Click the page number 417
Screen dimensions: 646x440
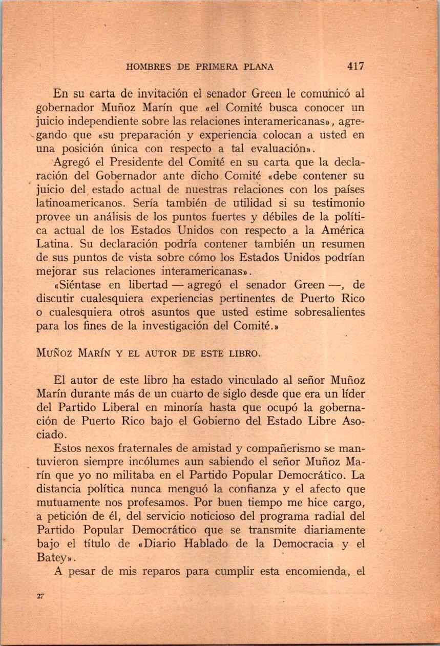355,66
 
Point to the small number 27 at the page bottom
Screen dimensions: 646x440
41,596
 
